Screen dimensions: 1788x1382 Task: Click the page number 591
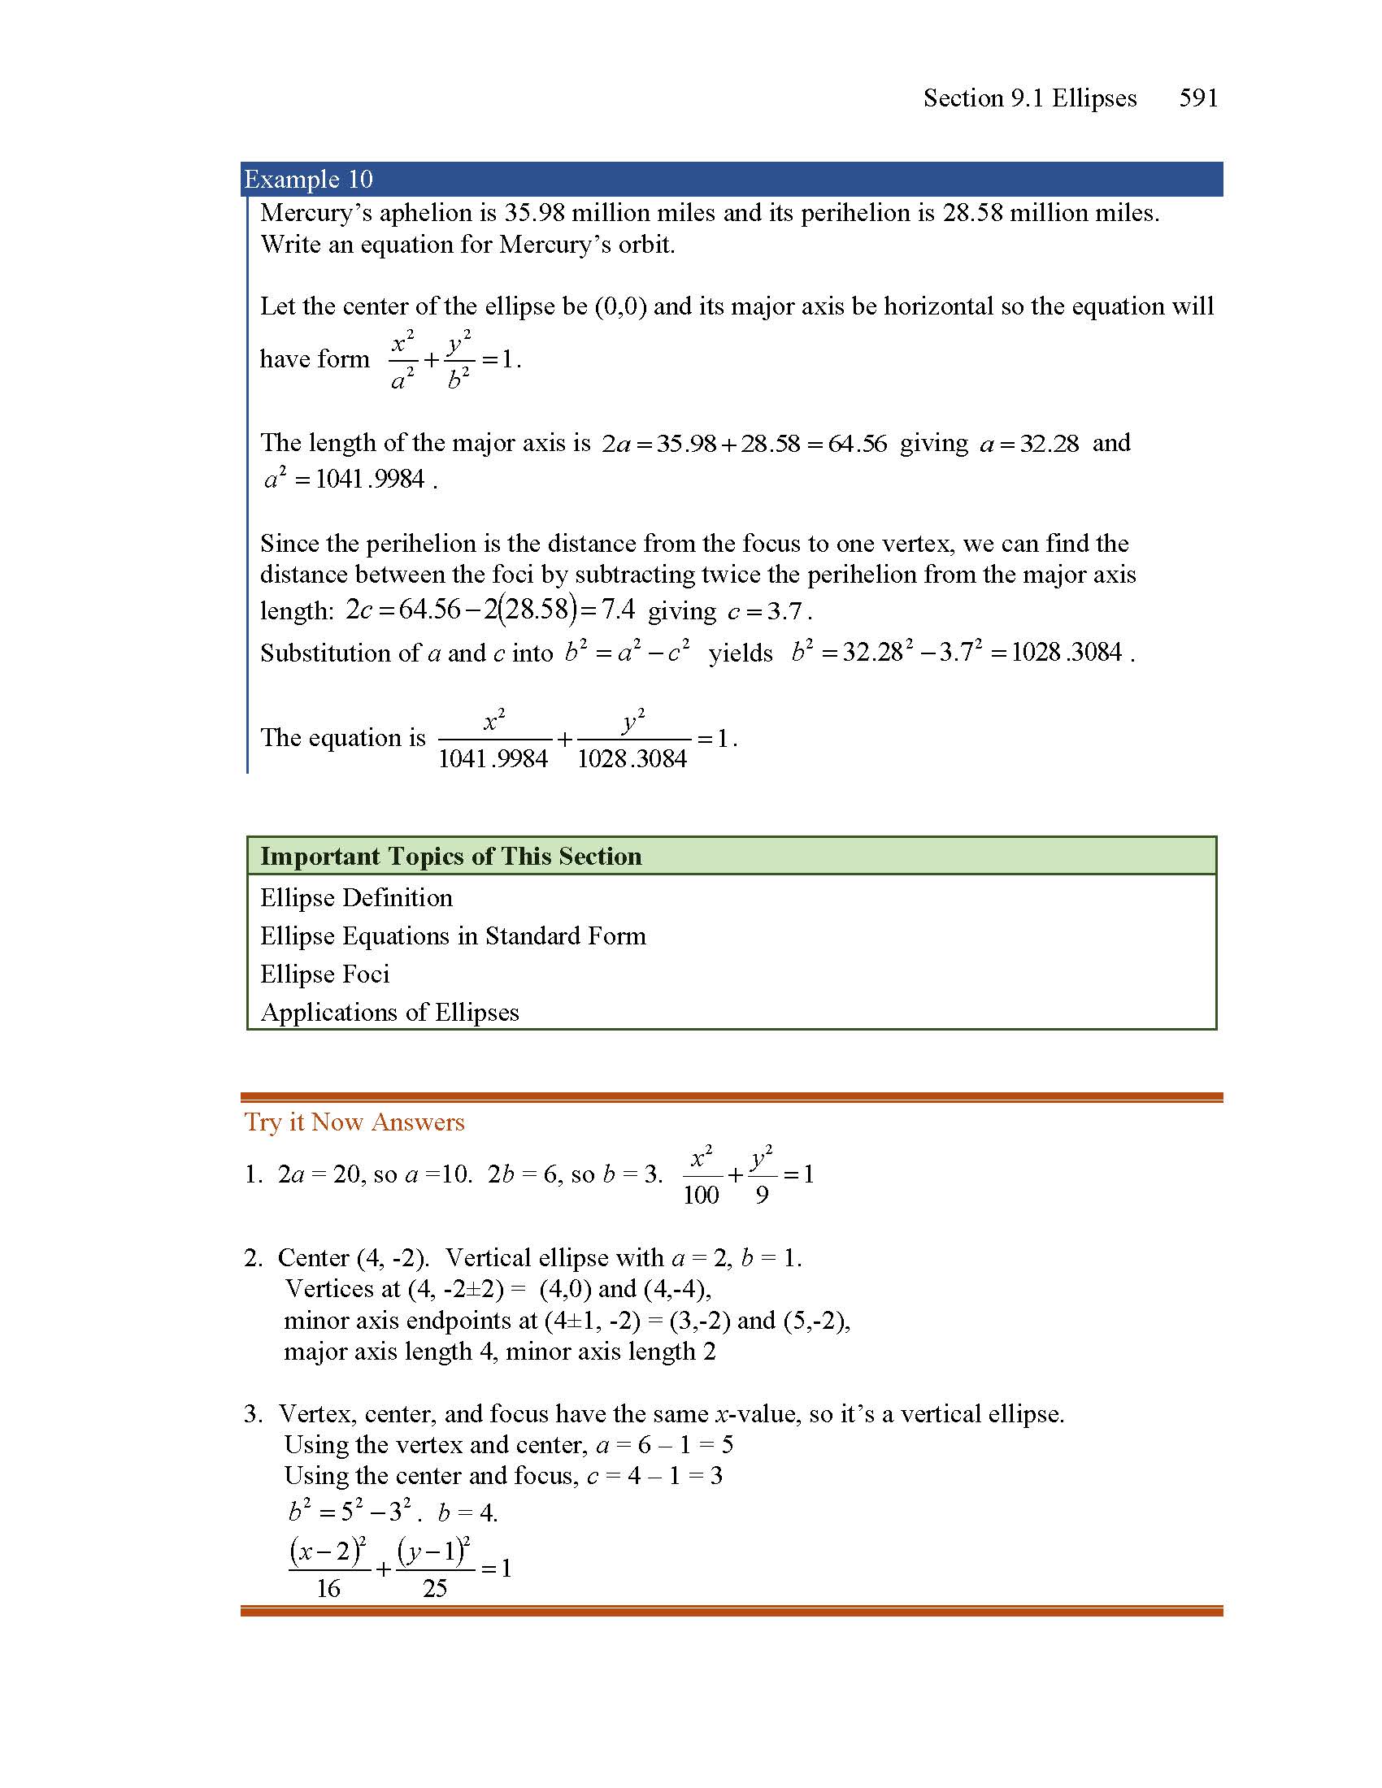[x=1197, y=98]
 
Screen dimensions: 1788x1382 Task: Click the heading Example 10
[x=309, y=180]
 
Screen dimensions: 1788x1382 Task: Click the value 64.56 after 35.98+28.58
[x=857, y=444]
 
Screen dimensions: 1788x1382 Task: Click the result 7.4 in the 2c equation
[x=618, y=610]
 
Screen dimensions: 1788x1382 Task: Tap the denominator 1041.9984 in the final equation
[x=493, y=759]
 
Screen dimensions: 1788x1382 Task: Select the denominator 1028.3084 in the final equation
[x=632, y=759]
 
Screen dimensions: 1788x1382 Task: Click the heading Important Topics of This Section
[x=451, y=857]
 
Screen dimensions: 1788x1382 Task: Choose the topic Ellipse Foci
[x=325, y=974]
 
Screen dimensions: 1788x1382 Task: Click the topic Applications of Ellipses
[x=389, y=1013]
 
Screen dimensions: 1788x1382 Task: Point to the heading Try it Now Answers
[x=354, y=1122]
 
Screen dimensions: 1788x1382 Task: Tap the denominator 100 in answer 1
[x=701, y=1196]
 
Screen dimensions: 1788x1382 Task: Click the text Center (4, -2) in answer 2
[x=353, y=1257]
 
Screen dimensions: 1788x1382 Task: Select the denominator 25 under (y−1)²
[x=435, y=1589]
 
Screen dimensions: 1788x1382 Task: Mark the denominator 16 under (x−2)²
[x=328, y=1589]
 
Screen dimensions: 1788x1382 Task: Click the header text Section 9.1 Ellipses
[x=1030, y=98]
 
